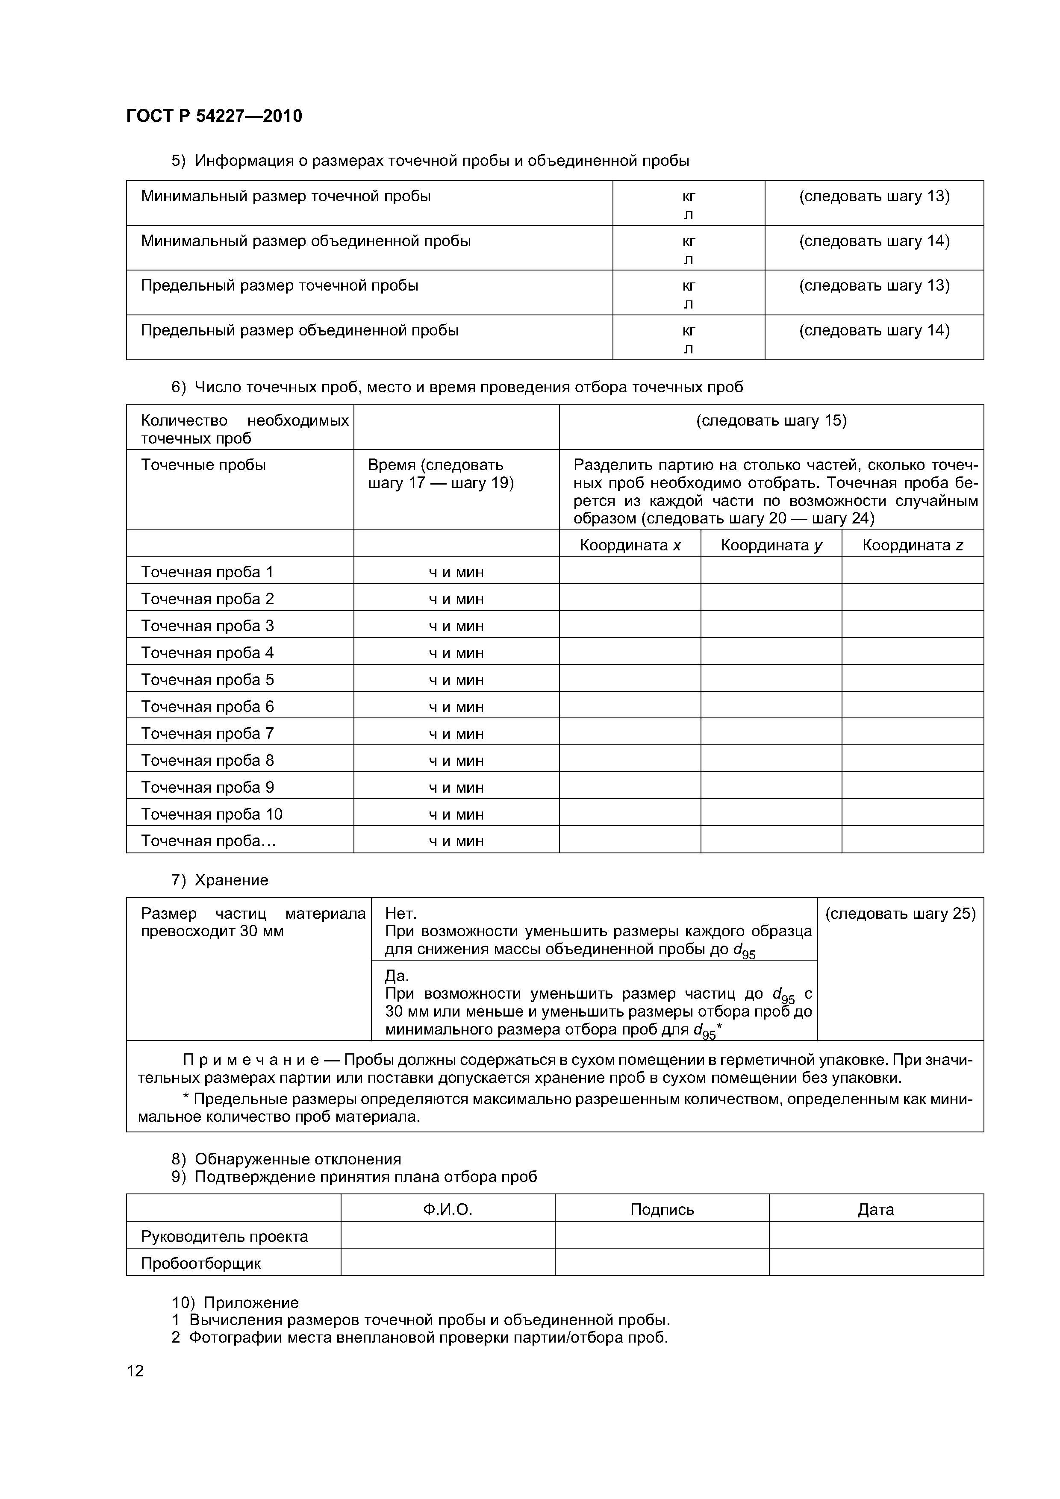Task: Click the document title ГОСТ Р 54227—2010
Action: (214, 116)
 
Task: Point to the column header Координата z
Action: (913, 545)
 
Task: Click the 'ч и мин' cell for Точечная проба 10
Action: (456, 814)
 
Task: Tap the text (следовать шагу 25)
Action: (900, 913)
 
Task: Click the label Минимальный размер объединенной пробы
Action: (306, 241)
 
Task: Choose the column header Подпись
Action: (662, 1210)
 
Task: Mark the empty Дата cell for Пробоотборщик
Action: (876, 1263)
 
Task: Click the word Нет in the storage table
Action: (400, 913)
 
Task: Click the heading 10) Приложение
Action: (235, 1302)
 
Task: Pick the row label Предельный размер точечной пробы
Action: (280, 285)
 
